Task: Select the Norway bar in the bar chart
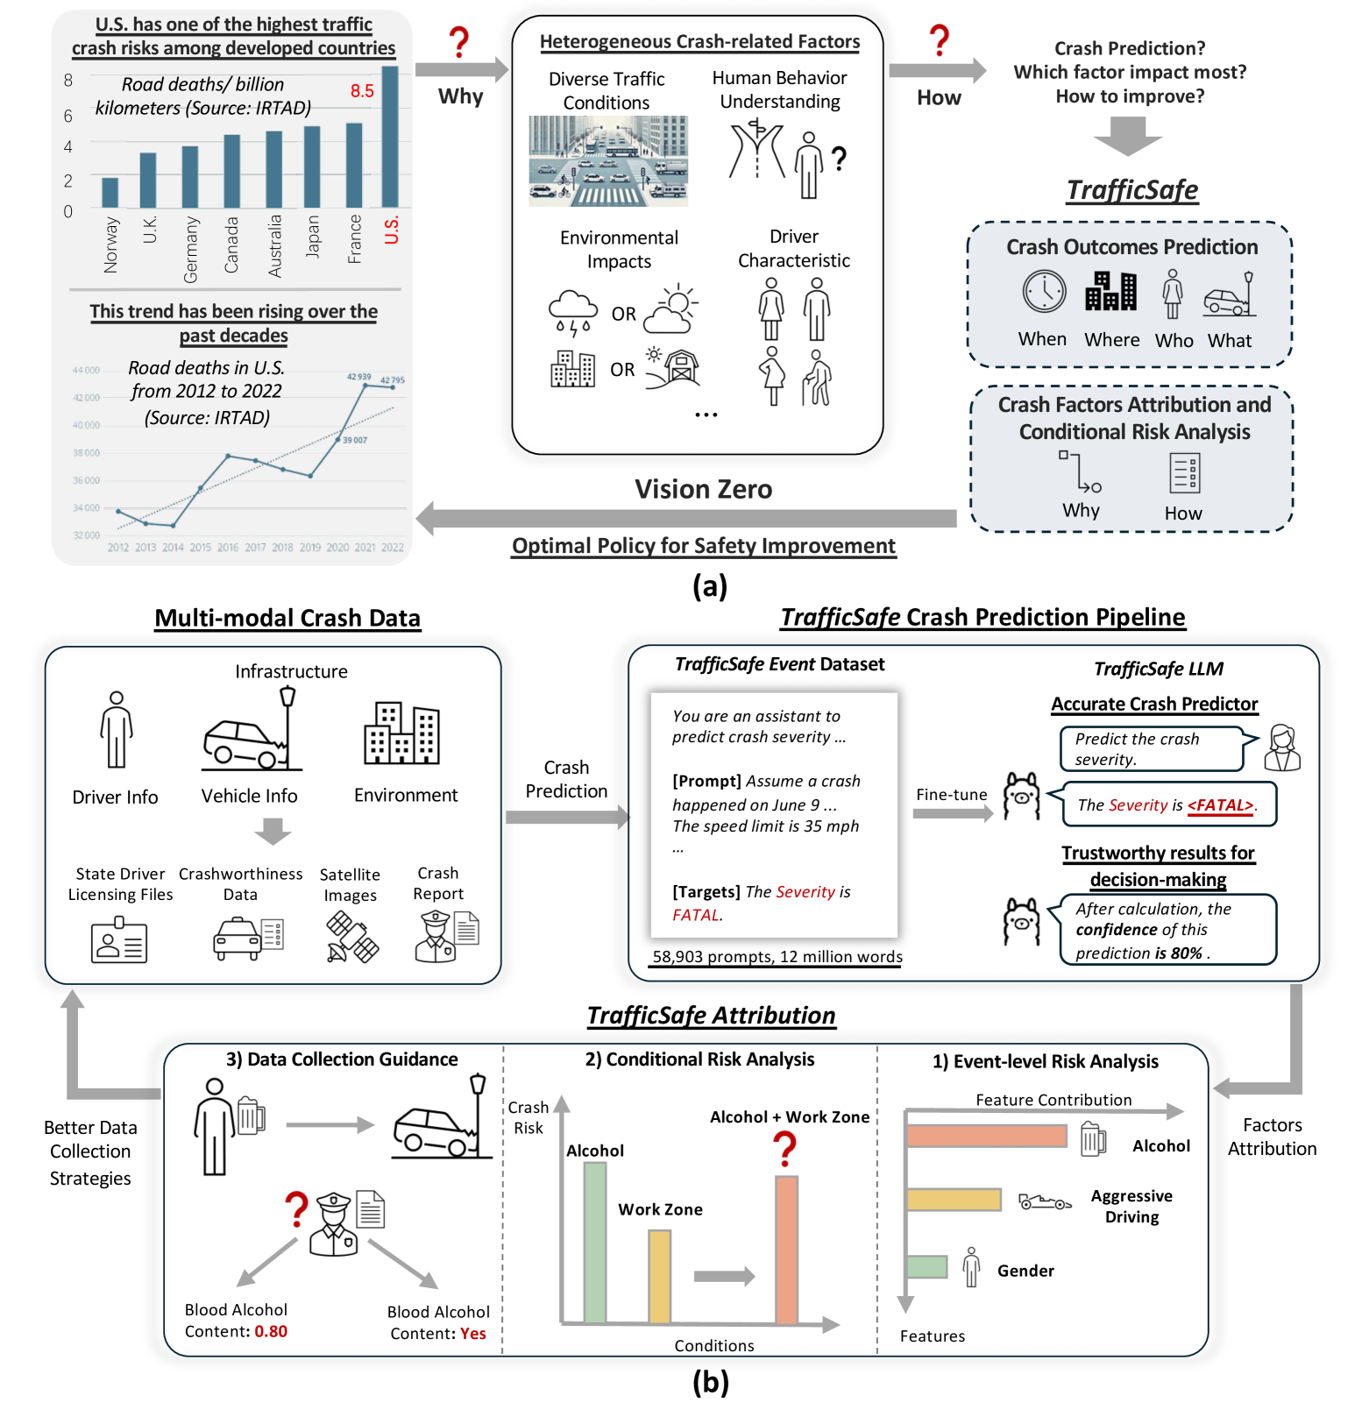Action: [110, 192]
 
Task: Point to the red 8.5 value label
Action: [362, 91]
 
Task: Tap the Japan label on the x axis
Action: [313, 237]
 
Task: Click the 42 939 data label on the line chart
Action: [358, 377]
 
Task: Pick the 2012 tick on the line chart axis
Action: [118, 548]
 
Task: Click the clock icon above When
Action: [1044, 292]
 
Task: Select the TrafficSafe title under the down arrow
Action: [1132, 190]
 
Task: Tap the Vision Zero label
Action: [703, 489]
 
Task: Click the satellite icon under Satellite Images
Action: [351, 937]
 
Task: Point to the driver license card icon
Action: [119, 940]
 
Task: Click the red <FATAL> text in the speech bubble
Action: [1220, 805]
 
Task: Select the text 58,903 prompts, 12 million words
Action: [777, 957]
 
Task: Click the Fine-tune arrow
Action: [952, 813]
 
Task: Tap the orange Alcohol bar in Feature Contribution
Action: [986, 1137]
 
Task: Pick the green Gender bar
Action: [926, 1266]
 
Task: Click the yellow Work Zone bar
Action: [659, 1276]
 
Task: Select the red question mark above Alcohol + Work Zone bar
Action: [785, 1148]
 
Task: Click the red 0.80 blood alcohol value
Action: [271, 1331]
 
